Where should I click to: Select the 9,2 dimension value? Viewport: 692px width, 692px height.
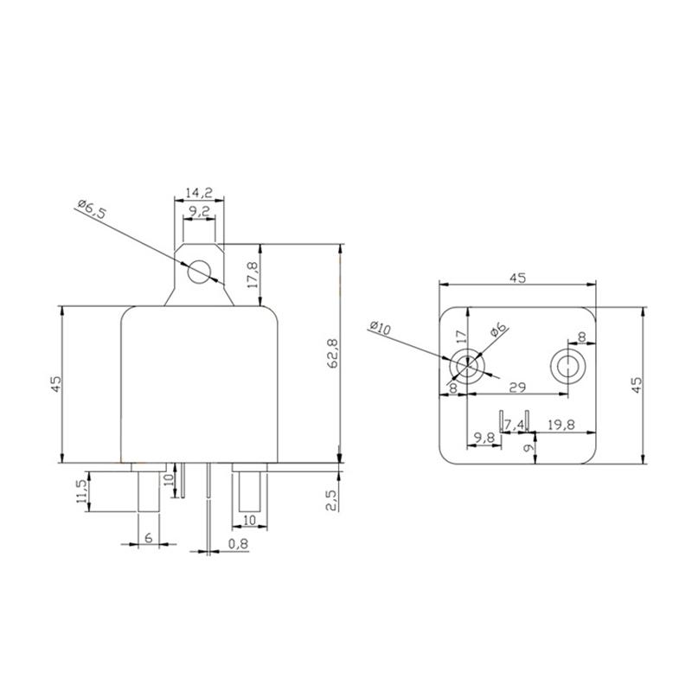click(x=199, y=210)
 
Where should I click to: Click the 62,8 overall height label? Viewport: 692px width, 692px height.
click(x=332, y=353)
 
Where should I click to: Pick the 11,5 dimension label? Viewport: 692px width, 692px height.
click(x=81, y=490)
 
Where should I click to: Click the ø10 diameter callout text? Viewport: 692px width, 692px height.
click(x=380, y=329)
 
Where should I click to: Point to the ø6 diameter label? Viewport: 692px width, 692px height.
click(x=498, y=331)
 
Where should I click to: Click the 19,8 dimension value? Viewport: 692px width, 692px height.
click(x=560, y=424)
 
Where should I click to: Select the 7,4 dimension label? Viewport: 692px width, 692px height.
click(x=515, y=424)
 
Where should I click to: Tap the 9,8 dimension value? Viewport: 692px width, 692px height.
click(x=482, y=438)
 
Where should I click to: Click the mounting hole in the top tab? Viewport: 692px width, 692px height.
click(x=200, y=272)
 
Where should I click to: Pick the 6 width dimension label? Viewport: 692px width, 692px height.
click(x=148, y=538)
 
